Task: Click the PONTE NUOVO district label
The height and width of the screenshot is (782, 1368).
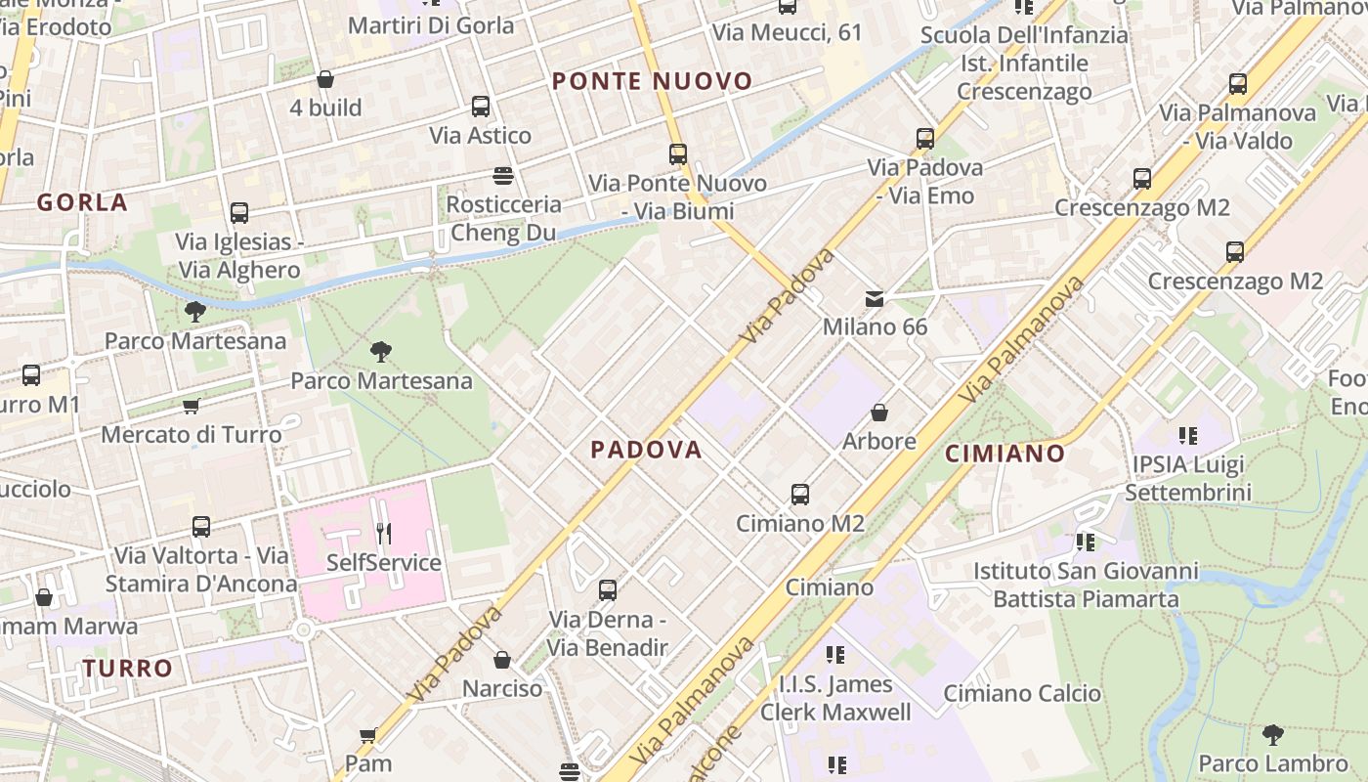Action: (653, 81)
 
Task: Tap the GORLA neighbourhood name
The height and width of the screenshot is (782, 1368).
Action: (82, 202)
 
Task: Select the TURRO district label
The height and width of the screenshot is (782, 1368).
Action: (127, 669)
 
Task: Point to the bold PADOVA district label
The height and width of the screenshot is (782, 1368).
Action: (646, 450)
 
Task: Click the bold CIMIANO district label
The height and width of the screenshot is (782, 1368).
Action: (1005, 454)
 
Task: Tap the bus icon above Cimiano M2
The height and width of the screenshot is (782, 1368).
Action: (800, 495)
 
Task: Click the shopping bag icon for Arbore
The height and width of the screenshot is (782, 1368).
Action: (879, 413)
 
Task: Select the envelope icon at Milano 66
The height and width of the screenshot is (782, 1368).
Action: (875, 298)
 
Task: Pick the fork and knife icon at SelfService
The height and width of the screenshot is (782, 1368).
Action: (384, 534)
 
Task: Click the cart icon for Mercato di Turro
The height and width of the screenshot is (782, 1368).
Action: (192, 406)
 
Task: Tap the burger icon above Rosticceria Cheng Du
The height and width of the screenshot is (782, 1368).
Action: (503, 176)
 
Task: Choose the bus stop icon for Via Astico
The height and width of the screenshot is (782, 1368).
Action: (480, 107)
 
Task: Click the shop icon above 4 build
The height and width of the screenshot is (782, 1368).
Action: (325, 79)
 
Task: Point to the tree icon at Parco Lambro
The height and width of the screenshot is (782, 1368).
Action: (1272, 734)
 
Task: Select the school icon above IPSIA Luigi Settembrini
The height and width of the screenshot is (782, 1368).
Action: (1187, 435)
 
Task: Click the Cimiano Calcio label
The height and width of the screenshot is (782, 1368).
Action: (1021, 694)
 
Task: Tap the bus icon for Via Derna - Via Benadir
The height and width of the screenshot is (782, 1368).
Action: (607, 590)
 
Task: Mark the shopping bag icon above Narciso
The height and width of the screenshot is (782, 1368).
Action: (502, 660)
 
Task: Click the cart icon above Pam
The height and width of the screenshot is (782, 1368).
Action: (368, 735)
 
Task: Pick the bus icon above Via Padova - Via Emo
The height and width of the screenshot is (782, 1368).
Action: (924, 139)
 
